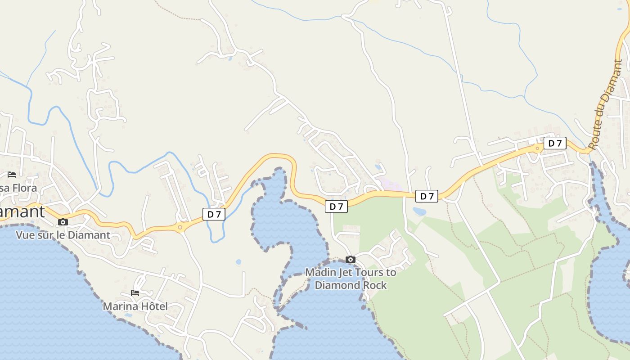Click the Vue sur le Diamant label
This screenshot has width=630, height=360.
[x=63, y=235]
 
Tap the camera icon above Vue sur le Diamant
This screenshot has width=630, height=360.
[x=63, y=222]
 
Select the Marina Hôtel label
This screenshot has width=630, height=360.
[x=135, y=306]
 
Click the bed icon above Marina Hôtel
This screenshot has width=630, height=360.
[x=135, y=293]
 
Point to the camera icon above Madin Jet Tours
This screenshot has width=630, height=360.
[x=351, y=259]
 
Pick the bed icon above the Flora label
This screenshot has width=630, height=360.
[x=12, y=174]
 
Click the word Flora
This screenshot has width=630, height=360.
[x=22, y=188]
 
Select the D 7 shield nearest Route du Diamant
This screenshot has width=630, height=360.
[x=555, y=143]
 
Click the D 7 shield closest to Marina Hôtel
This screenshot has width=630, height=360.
[x=214, y=214]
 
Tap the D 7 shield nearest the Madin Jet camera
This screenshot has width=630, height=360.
[x=336, y=207]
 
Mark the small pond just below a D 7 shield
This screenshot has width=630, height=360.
[x=419, y=211]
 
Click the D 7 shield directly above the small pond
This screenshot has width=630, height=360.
[x=426, y=196]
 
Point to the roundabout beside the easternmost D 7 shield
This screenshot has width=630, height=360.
[x=537, y=148]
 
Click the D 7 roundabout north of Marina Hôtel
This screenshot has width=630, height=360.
[x=180, y=228]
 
